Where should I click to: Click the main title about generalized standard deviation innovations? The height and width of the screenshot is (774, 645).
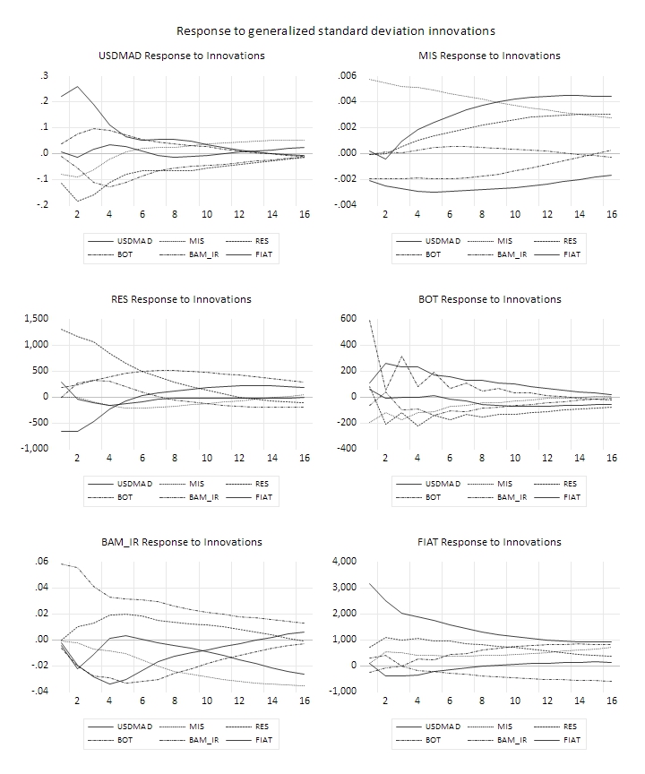click(x=335, y=31)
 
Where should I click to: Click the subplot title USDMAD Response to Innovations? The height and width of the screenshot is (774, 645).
click(x=181, y=56)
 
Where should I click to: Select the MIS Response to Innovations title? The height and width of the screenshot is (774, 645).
click(x=489, y=56)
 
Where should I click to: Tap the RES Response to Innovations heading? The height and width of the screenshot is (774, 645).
click(x=181, y=299)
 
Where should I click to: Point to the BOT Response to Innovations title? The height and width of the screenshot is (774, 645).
click(x=489, y=299)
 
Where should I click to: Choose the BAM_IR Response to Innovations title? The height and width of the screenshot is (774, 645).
click(x=181, y=542)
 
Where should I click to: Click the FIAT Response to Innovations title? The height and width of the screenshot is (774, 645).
click(x=489, y=542)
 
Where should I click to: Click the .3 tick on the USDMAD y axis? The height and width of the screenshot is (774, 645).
click(x=42, y=75)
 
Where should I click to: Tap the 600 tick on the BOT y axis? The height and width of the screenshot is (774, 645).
click(x=348, y=319)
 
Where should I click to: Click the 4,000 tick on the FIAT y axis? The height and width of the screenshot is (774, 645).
click(x=343, y=562)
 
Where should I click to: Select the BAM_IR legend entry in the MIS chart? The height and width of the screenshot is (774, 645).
click(x=511, y=254)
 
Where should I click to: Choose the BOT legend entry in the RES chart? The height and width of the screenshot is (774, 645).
click(x=125, y=497)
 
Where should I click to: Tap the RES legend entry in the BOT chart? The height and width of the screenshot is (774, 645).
click(x=570, y=484)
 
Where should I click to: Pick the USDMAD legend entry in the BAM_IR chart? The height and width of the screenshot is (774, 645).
click(x=134, y=727)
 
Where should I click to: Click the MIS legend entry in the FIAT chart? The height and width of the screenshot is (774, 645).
click(x=505, y=727)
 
